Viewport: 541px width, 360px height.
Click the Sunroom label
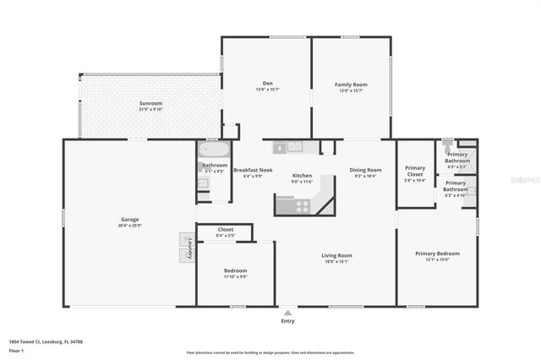click(150, 104)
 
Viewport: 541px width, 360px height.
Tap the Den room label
click(267, 83)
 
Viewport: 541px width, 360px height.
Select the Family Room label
click(351, 83)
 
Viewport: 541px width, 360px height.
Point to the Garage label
click(129, 220)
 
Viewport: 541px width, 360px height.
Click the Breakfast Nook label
click(253, 170)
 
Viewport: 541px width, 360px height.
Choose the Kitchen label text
click(302, 176)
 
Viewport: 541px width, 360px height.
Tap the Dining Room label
click(366, 170)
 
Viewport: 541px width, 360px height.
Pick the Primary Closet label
click(415, 171)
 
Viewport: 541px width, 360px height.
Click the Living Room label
click(336, 255)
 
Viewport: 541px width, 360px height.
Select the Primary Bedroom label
click(437, 254)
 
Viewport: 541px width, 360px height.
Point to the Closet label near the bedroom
click(226, 229)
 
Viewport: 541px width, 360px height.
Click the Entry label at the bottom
click(288, 321)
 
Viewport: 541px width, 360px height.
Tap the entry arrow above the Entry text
click(288, 310)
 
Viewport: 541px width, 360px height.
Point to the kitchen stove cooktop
click(302, 205)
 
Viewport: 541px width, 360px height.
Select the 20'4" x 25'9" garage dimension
click(129, 226)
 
